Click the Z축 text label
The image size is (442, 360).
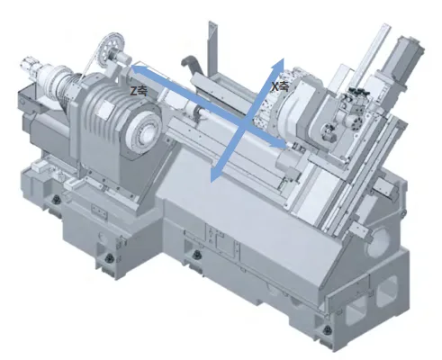139,91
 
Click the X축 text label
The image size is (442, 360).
280,86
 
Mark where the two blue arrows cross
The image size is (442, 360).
244,123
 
